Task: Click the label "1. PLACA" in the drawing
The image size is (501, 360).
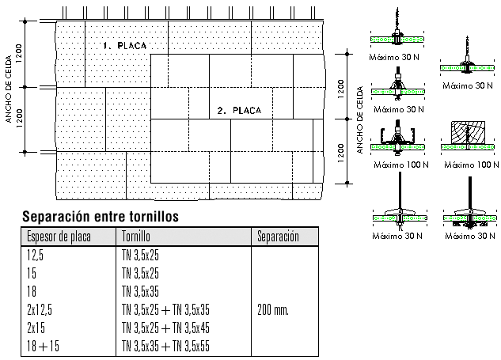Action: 124,46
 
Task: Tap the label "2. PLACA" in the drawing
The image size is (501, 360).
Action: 239,111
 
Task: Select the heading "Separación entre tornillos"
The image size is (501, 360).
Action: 101,216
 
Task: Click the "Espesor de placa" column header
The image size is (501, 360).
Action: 59,237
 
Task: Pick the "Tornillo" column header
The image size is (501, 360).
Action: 136,237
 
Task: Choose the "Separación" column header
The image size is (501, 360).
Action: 278,237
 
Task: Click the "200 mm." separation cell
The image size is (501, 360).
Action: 273,310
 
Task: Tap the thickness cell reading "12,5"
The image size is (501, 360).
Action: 35,256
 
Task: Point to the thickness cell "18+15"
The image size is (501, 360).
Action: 43,346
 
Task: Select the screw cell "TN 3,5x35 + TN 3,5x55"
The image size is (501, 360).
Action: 165,346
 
